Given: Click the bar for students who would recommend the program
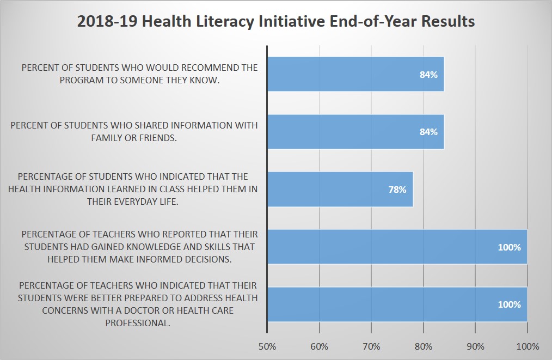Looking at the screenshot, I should (x=355, y=75).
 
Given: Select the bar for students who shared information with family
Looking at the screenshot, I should (x=355, y=132).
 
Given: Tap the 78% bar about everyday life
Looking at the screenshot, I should (x=340, y=190).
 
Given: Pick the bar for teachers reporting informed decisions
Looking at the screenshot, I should (x=396, y=247).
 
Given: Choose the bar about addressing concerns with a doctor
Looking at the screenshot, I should (x=396, y=304).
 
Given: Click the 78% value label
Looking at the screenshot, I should (x=397, y=190).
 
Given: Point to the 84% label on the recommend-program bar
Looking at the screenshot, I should (x=428, y=75).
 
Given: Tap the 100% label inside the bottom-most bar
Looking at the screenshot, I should (x=509, y=304).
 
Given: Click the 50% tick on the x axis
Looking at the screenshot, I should (x=267, y=346).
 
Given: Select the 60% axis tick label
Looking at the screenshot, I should (x=319, y=346).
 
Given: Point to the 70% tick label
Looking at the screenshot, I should (x=371, y=346).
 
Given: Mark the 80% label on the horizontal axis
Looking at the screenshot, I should (x=424, y=346).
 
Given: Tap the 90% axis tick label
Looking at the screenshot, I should (x=475, y=346).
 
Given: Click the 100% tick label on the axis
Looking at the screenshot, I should (x=528, y=346).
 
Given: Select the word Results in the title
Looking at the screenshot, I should (x=446, y=21).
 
